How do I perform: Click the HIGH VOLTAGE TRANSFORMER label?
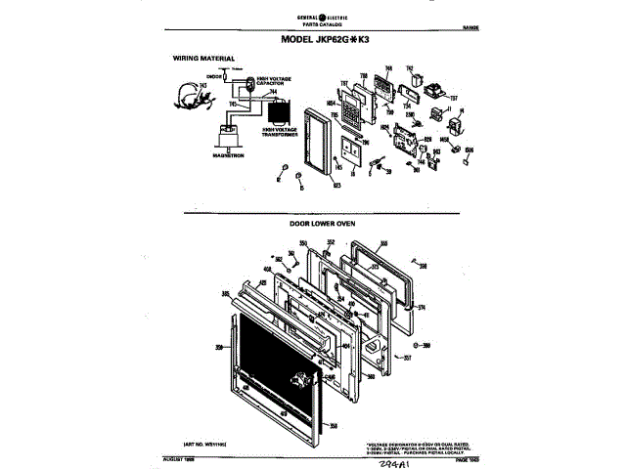click(282, 130)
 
